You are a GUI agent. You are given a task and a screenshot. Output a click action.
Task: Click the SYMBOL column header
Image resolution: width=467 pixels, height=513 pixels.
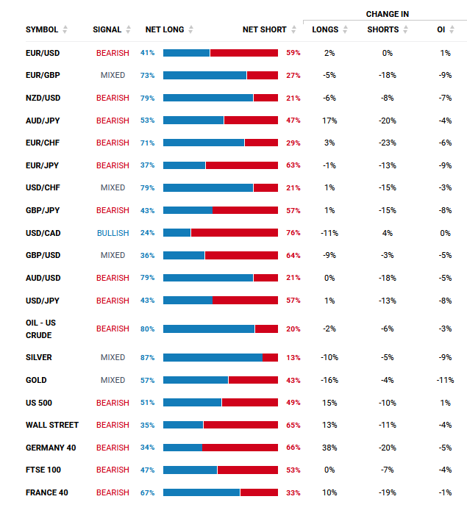click(42, 30)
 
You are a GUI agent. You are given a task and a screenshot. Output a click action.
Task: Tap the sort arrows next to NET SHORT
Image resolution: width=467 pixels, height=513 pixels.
click(293, 29)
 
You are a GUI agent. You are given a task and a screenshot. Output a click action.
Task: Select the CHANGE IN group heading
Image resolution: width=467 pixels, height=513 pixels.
click(388, 14)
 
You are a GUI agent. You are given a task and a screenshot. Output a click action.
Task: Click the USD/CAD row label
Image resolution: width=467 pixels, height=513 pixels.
click(43, 233)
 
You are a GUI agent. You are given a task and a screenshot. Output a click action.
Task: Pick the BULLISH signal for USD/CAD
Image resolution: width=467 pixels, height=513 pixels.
click(113, 233)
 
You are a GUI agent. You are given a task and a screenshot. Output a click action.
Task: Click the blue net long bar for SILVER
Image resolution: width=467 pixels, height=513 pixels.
click(213, 358)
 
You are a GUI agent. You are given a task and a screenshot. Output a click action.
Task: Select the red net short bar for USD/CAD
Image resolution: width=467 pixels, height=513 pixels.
click(235, 233)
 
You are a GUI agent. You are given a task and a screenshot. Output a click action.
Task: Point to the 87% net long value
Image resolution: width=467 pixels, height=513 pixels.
click(147, 358)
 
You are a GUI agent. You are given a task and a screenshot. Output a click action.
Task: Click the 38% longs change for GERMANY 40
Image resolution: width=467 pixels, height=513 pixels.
click(329, 448)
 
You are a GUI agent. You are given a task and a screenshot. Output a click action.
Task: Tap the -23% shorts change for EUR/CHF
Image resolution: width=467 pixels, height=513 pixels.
click(388, 143)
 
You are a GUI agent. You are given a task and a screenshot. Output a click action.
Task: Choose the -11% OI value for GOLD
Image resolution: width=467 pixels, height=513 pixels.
click(445, 380)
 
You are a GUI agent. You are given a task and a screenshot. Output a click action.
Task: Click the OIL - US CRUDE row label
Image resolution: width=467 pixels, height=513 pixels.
click(40, 329)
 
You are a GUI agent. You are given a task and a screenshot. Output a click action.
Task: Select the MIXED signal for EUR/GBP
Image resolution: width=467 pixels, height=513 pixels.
click(113, 75)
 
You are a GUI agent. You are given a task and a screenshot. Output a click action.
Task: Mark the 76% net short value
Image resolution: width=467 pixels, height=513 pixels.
click(293, 233)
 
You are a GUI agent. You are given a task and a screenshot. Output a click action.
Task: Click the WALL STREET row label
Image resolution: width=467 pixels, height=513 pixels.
click(52, 425)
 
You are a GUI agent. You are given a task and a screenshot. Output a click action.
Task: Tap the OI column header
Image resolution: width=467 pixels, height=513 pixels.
click(441, 30)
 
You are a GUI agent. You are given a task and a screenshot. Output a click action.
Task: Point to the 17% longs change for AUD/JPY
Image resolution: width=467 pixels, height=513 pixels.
click(329, 121)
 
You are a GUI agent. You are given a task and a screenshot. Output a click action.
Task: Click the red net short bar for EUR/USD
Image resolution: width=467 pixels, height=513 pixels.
click(244, 53)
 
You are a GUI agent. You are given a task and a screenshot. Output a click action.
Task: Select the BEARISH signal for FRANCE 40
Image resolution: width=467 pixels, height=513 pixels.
click(113, 492)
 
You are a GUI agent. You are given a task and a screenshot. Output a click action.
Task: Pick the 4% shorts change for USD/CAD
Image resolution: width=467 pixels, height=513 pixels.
click(388, 233)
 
